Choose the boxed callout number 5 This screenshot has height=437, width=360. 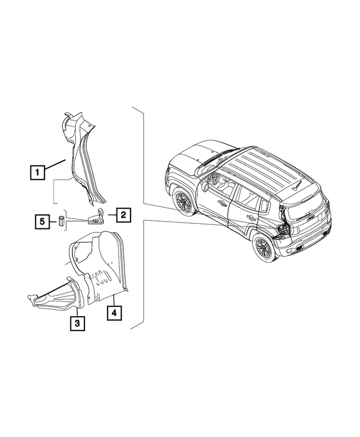pyautogui.click(x=42, y=222)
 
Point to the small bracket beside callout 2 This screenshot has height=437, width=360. pyautogui.click(x=96, y=218)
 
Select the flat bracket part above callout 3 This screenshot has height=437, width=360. pyautogui.click(x=53, y=298)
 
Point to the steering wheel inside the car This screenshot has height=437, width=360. pyautogui.click(x=214, y=179)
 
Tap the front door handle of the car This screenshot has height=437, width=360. pyautogui.click(x=223, y=204)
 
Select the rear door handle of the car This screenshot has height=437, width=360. pyautogui.click(x=251, y=217)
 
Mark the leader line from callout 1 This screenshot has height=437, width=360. pyautogui.click(x=56, y=165)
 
